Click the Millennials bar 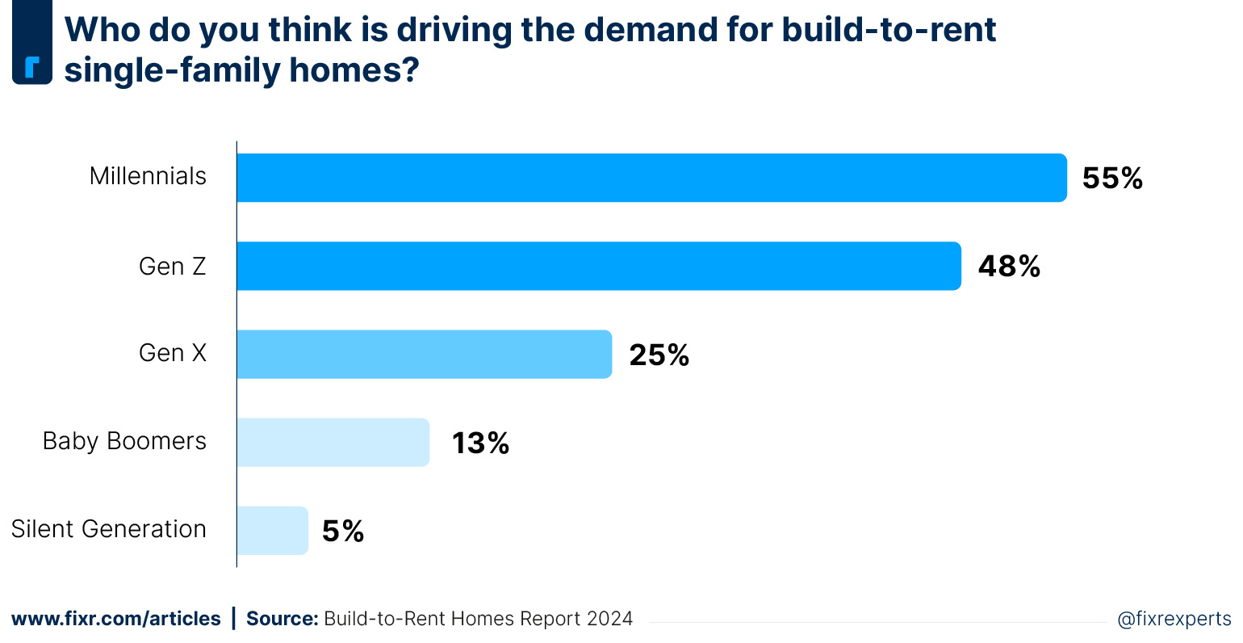(651, 178)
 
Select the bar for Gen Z (598, 266)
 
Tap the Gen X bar (424, 354)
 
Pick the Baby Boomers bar (333, 442)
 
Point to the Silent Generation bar (272, 531)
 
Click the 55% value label (1112, 179)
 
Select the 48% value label (1009, 267)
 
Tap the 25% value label (659, 355)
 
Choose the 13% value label (480, 443)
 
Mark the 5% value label (343, 531)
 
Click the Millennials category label (148, 176)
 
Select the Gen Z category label (172, 266)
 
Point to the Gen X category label (172, 353)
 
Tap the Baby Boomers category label (124, 441)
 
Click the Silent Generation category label (109, 529)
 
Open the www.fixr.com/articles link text (115, 619)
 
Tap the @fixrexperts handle (1174, 619)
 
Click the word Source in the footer (282, 619)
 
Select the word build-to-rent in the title (889, 30)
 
